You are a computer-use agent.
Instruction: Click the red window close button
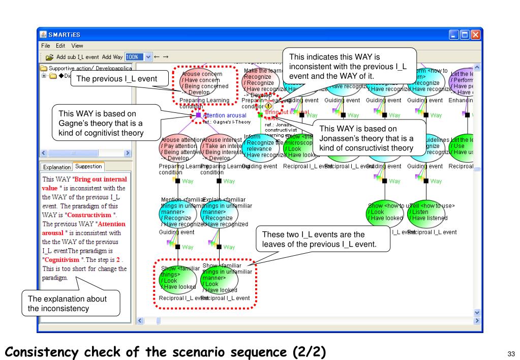(x=475, y=35)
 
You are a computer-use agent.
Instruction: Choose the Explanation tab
(x=57, y=166)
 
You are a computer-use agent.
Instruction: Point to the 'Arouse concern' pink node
(x=206, y=83)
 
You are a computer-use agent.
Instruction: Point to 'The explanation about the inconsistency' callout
(x=67, y=304)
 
